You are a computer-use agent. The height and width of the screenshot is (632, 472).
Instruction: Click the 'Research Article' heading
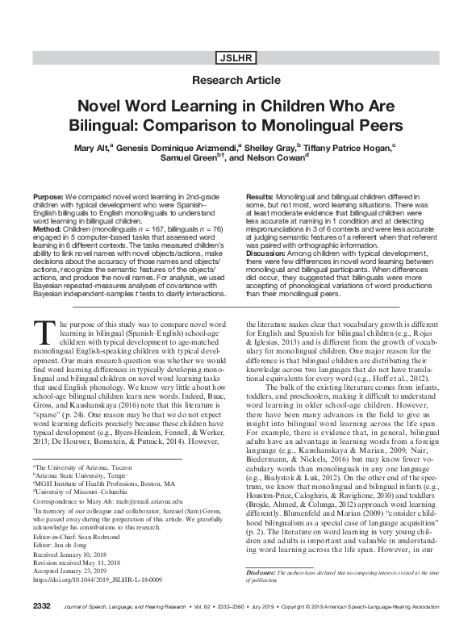(236, 80)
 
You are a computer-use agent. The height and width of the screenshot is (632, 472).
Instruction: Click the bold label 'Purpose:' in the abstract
(49, 197)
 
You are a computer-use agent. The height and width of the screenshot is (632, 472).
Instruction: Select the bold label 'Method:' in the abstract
(48, 228)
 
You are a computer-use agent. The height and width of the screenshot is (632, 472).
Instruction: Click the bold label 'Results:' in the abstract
(259, 197)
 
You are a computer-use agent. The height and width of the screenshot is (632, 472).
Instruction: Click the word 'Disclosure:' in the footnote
(264, 572)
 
